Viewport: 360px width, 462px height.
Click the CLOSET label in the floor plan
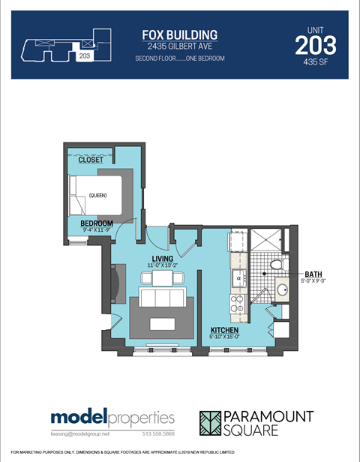91,160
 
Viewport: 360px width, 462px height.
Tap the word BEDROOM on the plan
97,223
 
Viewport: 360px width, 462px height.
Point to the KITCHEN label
225,330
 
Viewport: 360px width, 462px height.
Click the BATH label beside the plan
314,274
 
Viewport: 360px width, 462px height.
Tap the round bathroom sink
283,289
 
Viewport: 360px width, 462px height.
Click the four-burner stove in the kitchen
237,303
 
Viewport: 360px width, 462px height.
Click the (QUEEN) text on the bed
97,196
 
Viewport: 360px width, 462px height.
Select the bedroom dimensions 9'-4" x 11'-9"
97,231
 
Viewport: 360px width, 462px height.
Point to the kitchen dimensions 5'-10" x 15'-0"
225,337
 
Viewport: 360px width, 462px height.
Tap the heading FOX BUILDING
180,34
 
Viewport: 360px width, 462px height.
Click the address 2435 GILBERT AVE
180,46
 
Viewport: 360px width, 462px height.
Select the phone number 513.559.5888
157,434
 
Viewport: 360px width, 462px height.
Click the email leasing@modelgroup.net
80,434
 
